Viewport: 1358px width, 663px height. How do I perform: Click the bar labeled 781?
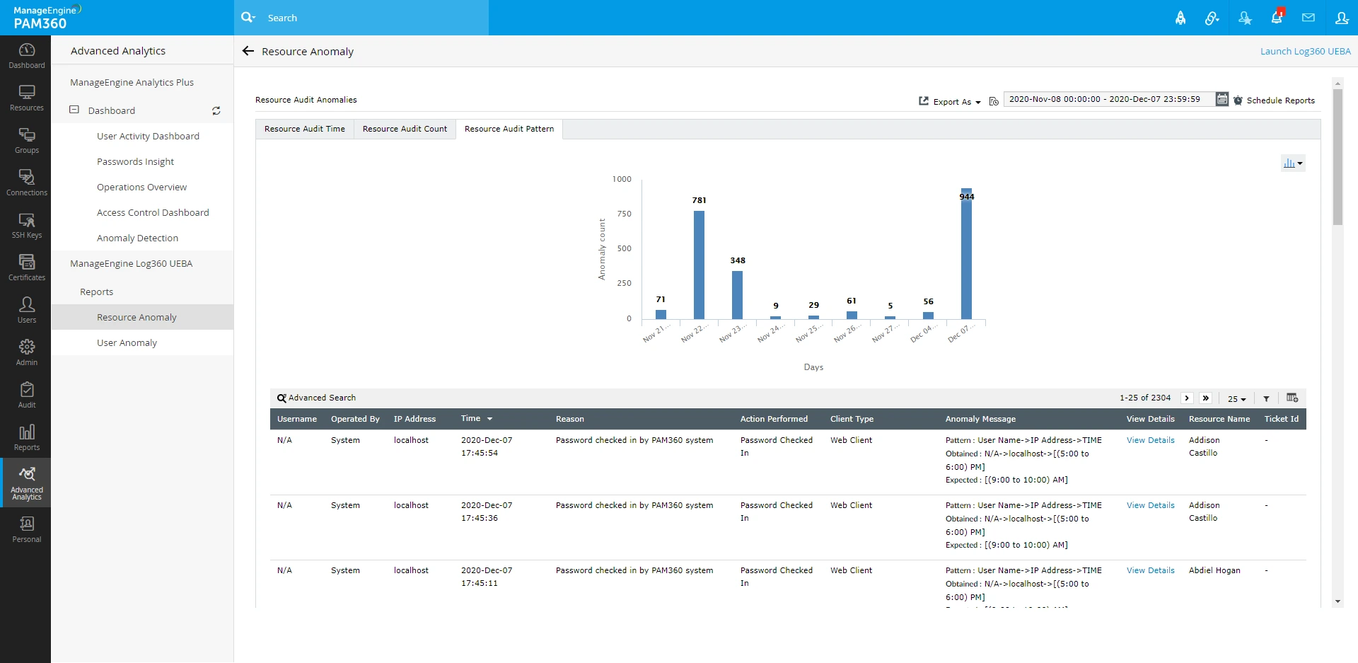tap(699, 265)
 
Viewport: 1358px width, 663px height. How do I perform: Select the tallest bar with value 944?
tap(966, 255)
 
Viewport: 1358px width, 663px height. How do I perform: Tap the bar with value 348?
tap(737, 295)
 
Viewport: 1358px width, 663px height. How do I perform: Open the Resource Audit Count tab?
tap(405, 129)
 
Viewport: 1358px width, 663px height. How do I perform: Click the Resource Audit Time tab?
tap(305, 129)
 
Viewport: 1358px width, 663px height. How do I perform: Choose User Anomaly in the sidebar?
tap(127, 343)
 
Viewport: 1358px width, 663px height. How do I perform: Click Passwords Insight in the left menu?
tap(135, 162)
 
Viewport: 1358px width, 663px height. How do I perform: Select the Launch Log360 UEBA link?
tap(1305, 52)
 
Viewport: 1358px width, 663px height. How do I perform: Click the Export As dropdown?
tap(951, 102)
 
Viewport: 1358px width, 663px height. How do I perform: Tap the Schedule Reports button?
tap(1275, 100)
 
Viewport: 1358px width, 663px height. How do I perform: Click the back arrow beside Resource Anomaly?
tap(248, 51)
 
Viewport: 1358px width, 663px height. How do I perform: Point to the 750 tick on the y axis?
tap(624, 214)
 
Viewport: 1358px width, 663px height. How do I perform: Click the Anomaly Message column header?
tap(980, 419)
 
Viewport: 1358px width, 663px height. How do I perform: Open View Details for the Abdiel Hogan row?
tap(1150, 570)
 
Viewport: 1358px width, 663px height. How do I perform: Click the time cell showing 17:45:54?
tap(480, 453)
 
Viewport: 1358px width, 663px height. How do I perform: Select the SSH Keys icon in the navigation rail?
tap(27, 226)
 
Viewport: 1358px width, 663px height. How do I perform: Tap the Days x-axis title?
tap(813, 367)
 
